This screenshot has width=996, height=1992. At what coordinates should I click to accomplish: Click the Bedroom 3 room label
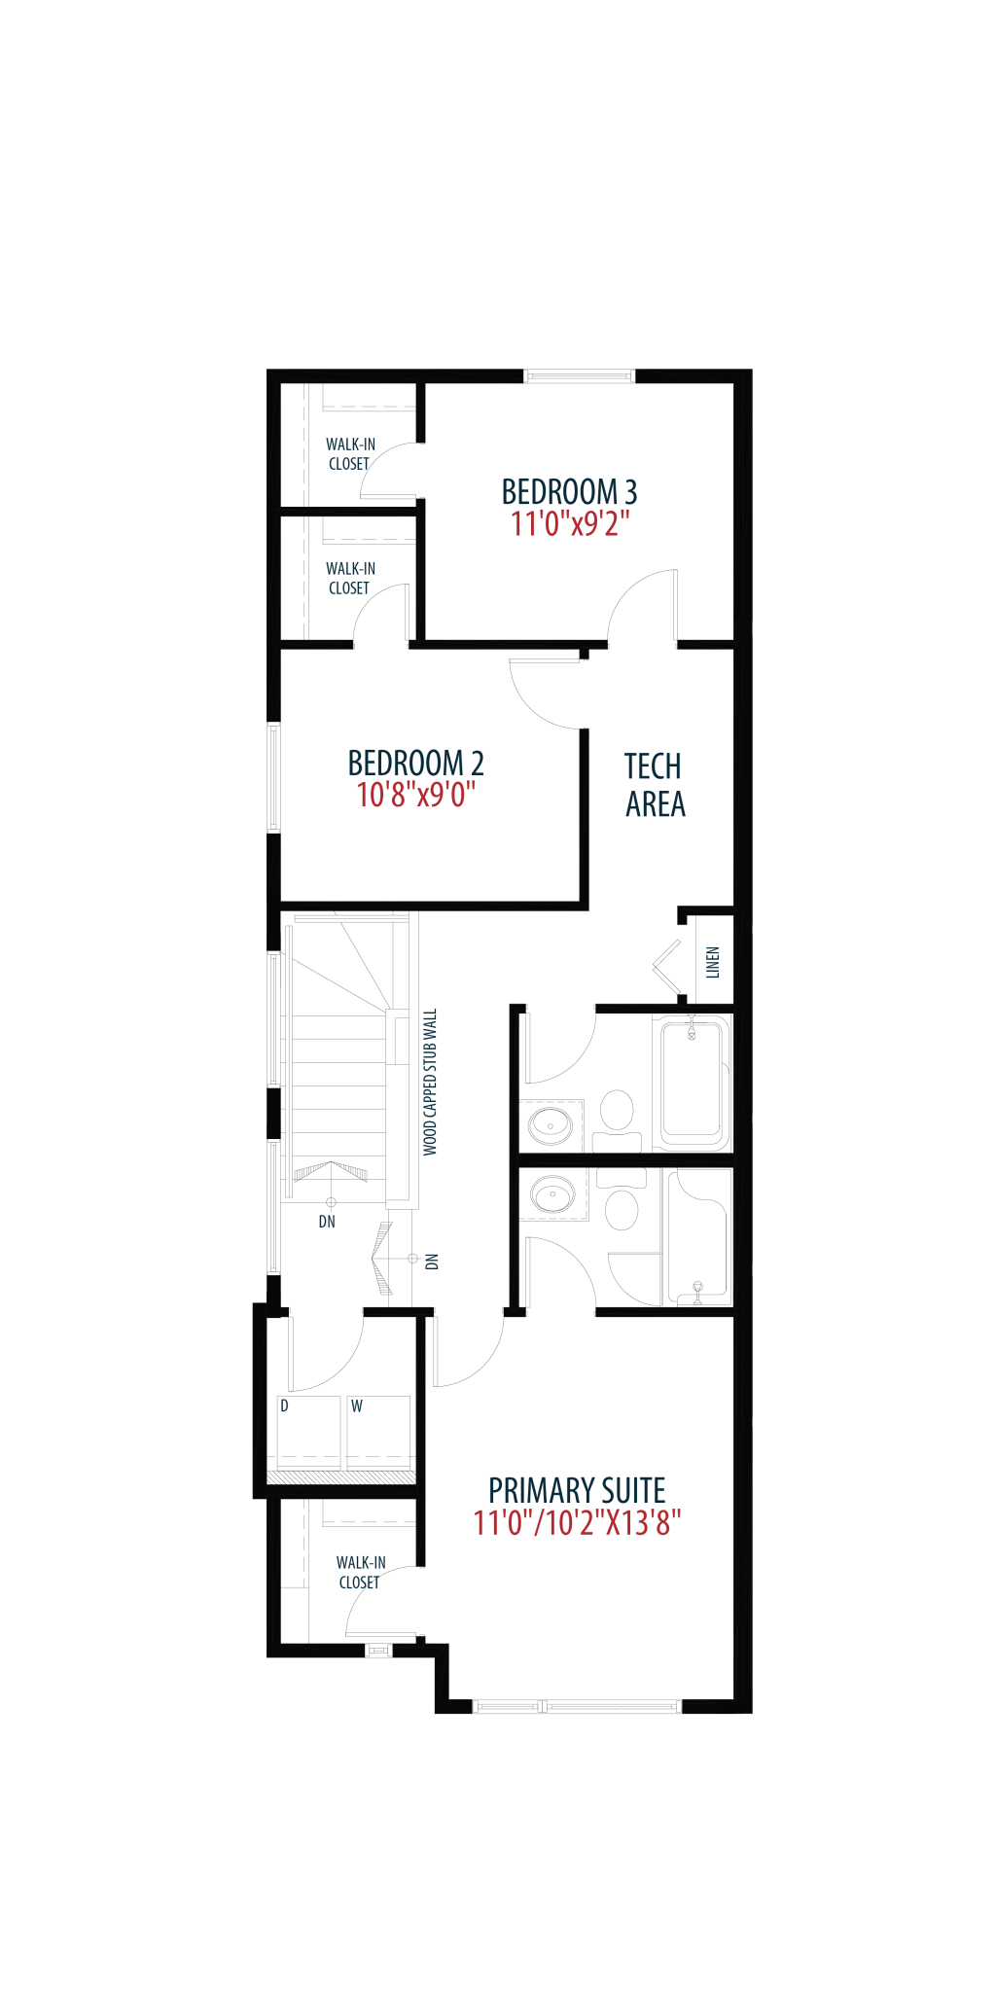pyautogui.click(x=569, y=491)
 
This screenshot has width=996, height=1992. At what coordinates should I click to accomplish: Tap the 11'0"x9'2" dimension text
pyautogui.click(x=570, y=524)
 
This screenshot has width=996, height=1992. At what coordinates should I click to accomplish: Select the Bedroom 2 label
pyautogui.click(x=415, y=763)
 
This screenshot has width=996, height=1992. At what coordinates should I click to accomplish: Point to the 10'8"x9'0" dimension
pyautogui.click(x=415, y=795)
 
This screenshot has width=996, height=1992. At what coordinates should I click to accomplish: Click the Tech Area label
pyautogui.click(x=655, y=785)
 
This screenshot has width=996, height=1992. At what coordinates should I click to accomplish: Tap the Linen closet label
pyautogui.click(x=713, y=962)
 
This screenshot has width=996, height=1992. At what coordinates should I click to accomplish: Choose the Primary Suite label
pyautogui.click(x=577, y=1490)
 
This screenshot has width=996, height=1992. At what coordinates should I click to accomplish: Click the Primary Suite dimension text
pyautogui.click(x=577, y=1522)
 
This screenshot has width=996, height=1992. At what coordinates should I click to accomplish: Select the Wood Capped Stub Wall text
pyautogui.click(x=430, y=1082)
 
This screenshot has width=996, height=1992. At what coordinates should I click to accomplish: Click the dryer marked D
pyautogui.click(x=309, y=1433)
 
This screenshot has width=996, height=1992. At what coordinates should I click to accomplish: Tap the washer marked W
pyautogui.click(x=378, y=1433)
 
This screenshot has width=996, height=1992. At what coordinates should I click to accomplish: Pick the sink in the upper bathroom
pyautogui.click(x=551, y=1126)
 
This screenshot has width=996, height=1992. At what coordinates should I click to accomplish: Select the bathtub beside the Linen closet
pyautogui.click(x=693, y=1082)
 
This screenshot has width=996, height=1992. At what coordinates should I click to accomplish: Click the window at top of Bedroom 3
pyautogui.click(x=580, y=376)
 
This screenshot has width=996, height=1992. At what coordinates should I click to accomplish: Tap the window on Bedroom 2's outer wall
pyautogui.click(x=274, y=777)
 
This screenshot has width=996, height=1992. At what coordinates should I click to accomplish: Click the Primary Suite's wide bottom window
pyautogui.click(x=577, y=1706)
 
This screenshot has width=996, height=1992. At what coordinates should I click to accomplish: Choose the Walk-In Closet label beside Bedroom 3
pyautogui.click(x=350, y=454)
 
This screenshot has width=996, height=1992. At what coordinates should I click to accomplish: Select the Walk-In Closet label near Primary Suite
pyautogui.click(x=361, y=1573)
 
